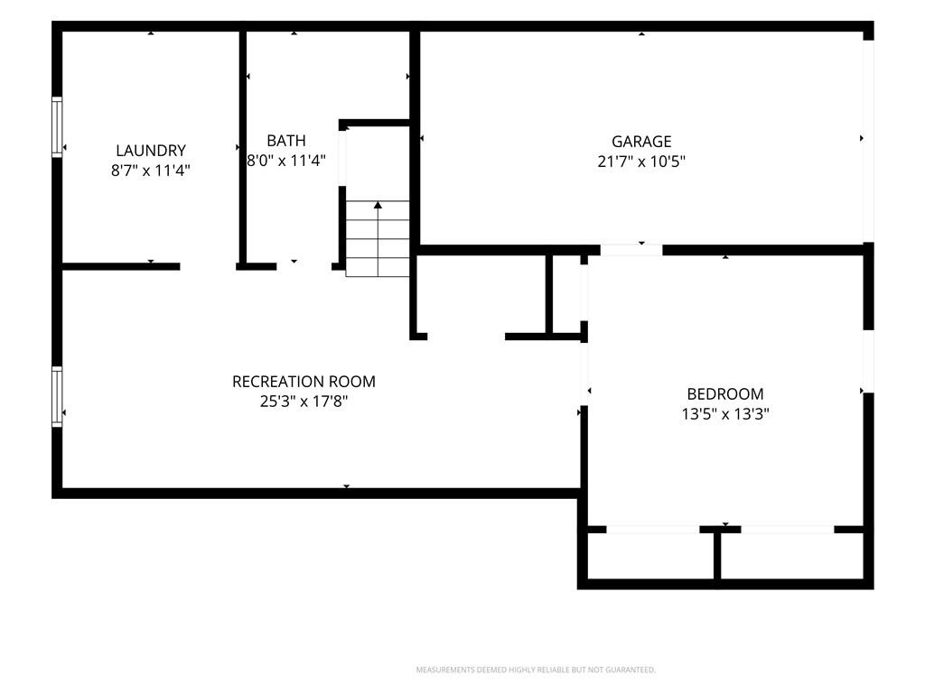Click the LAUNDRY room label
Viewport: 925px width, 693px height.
[x=151, y=151]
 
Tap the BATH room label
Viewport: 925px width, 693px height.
[x=286, y=141]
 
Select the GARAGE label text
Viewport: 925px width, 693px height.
[x=641, y=142]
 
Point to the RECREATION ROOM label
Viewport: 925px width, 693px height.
[x=304, y=382]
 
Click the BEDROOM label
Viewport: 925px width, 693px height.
[x=725, y=393]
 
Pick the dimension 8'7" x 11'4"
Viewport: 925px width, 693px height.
[x=151, y=171]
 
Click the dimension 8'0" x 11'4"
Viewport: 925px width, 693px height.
[x=286, y=161]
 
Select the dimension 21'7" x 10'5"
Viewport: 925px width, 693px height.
[x=641, y=162]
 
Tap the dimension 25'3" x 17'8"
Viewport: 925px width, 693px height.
[x=304, y=402]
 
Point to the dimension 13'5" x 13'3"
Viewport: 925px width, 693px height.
[x=725, y=413]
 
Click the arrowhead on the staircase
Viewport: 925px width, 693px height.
[x=378, y=205]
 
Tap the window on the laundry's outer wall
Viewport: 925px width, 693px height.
[x=57, y=126]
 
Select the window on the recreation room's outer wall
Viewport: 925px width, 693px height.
[x=57, y=397]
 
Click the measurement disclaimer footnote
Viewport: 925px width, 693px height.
[x=536, y=670]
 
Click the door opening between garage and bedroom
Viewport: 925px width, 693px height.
[x=631, y=250]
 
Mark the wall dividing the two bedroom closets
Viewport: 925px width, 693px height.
[x=717, y=556]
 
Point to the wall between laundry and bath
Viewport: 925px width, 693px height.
[x=242, y=148]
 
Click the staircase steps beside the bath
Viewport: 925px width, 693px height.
[x=378, y=238]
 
